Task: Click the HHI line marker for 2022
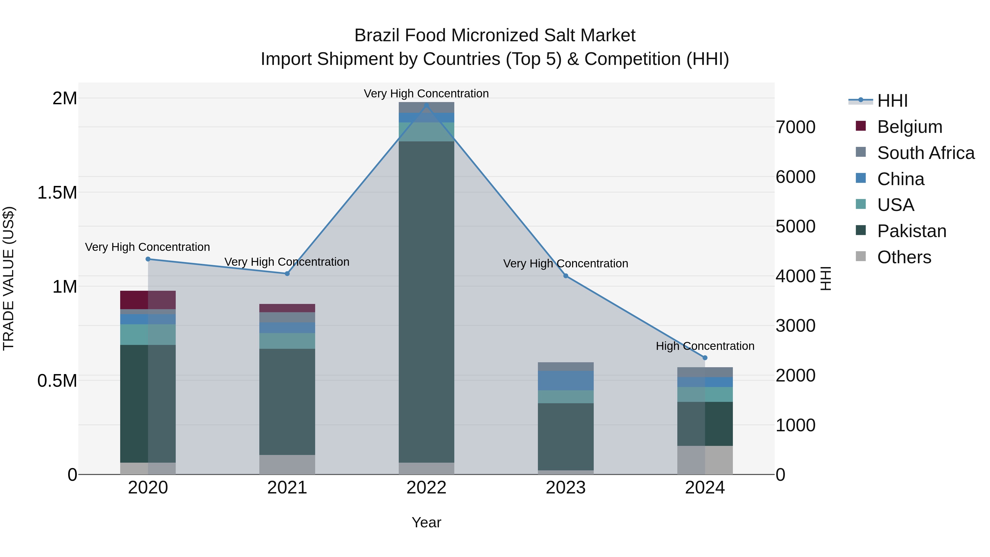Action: [426, 105]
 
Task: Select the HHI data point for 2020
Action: [148, 259]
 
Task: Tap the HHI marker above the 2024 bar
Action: [705, 358]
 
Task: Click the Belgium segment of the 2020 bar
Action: [148, 300]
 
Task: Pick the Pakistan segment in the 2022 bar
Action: [426, 302]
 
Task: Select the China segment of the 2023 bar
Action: [565, 381]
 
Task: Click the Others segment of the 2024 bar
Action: [705, 460]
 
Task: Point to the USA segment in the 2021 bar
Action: [287, 341]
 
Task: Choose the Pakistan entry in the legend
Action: [911, 231]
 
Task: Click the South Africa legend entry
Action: [925, 153]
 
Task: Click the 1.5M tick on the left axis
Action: [57, 193]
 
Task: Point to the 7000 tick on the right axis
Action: [795, 127]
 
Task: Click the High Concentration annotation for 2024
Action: [705, 346]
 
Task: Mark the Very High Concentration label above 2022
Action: [426, 94]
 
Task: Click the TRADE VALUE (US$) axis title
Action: [9, 278]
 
